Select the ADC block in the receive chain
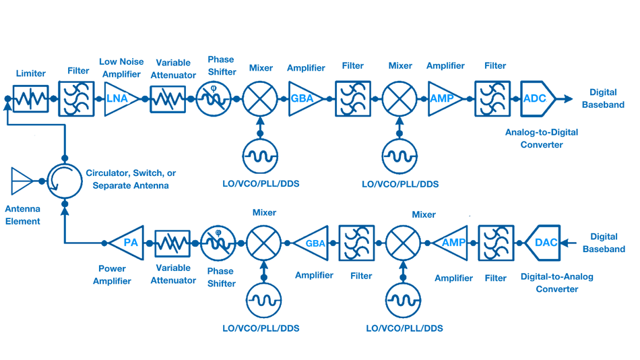click(537, 98)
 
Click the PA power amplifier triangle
click(128, 243)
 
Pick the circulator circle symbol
click(64, 181)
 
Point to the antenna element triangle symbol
click(21, 181)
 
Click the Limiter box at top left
click(31, 98)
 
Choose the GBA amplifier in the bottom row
click(312, 243)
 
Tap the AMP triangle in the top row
click(443, 98)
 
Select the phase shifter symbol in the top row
click(213, 98)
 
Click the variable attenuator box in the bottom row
click(172, 243)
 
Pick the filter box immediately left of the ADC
click(492, 98)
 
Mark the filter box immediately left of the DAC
click(496, 243)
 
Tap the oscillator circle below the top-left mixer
click(259, 157)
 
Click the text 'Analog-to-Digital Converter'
click(542, 138)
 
